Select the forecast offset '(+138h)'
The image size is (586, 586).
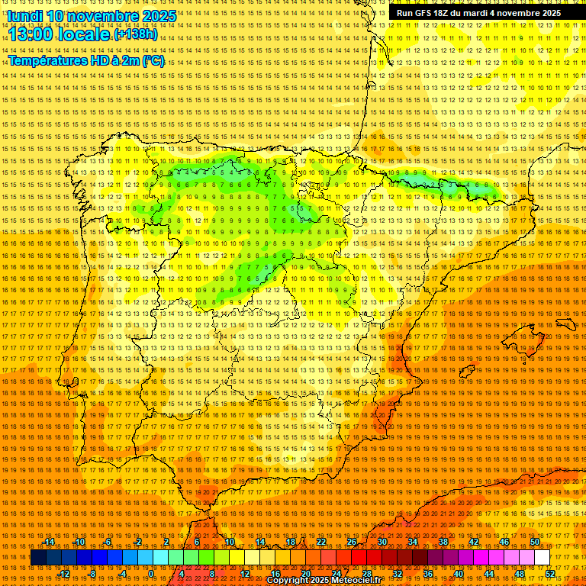(x=135, y=34)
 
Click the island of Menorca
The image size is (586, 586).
(x=566, y=324)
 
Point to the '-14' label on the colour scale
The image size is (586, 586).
(x=49, y=542)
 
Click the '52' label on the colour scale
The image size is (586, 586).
(x=550, y=574)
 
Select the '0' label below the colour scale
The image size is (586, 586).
(x=152, y=574)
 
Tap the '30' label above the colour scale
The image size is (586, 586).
(x=382, y=542)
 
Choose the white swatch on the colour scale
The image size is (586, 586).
(x=543, y=558)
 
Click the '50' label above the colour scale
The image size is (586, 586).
(x=535, y=542)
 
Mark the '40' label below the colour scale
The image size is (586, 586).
(x=459, y=574)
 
